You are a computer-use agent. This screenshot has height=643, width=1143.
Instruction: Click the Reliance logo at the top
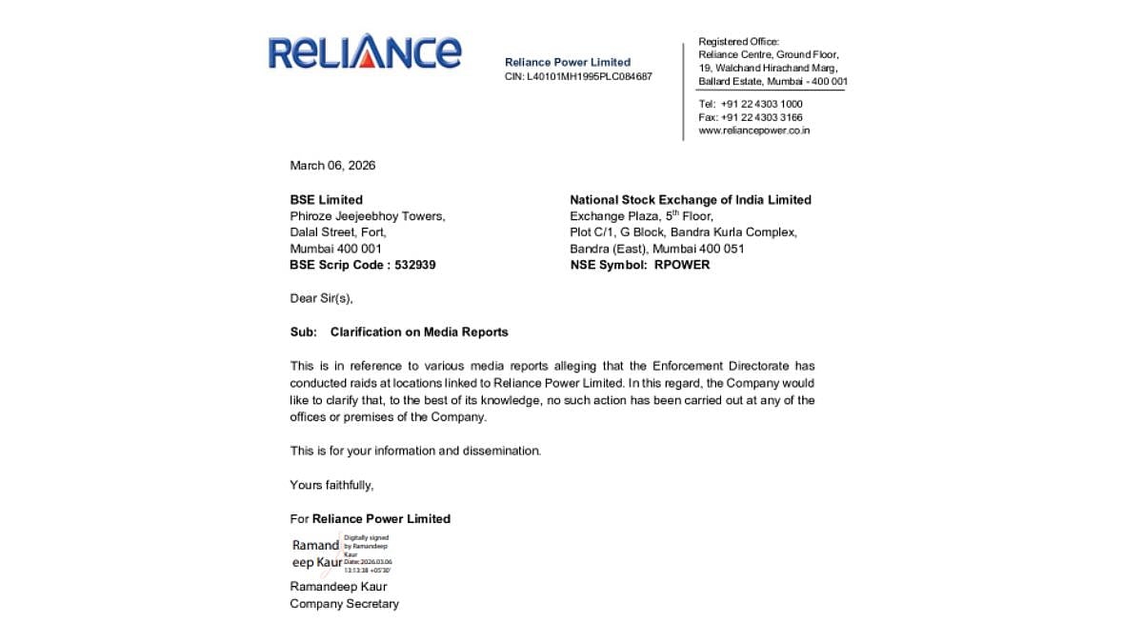[x=364, y=52]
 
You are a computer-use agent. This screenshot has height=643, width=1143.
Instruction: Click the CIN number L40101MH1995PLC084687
[x=589, y=76]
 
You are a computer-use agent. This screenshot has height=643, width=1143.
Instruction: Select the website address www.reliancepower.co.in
[x=753, y=131]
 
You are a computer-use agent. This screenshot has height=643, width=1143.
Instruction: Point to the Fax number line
[x=750, y=117]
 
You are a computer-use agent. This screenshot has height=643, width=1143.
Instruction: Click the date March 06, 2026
[x=332, y=166]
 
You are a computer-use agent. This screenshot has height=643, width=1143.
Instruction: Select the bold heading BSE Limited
[x=326, y=200]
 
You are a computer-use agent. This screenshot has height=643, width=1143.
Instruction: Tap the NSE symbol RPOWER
[x=681, y=265]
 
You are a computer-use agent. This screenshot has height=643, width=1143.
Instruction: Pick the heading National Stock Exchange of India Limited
[x=690, y=200]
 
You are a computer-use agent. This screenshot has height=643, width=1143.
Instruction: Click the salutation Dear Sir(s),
[x=321, y=298]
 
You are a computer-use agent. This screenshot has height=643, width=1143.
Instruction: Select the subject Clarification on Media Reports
[x=419, y=332]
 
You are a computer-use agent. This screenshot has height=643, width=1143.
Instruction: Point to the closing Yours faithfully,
[x=331, y=485]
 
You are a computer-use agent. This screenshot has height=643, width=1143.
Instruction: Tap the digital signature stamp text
[x=368, y=553]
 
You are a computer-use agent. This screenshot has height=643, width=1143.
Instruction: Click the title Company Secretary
[x=344, y=603]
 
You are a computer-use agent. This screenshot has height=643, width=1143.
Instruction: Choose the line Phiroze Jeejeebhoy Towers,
[x=367, y=216]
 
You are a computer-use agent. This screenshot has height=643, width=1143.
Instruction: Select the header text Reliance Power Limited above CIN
[x=567, y=62]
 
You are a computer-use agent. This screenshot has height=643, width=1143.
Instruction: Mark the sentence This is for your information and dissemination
[x=415, y=451]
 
